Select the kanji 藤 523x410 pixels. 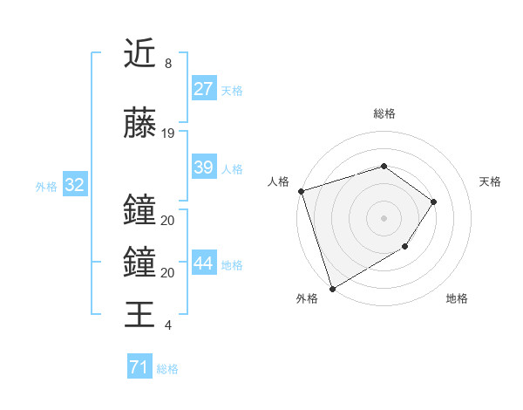(x=139, y=123)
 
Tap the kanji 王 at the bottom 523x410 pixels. (x=139, y=314)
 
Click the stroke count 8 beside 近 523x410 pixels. (x=168, y=65)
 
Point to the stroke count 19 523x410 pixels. (x=168, y=133)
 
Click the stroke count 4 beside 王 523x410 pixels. (x=168, y=325)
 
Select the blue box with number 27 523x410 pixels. (x=203, y=89)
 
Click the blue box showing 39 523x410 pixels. (x=203, y=167)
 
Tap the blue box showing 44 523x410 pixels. (x=203, y=263)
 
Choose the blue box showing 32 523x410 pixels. (x=74, y=185)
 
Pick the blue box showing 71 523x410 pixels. (x=139, y=368)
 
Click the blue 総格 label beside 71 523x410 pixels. (x=167, y=369)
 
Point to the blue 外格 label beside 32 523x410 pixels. (x=46, y=186)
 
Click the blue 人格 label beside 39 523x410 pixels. (x=232, y=168)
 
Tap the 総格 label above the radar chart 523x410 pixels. (x=384, y=113)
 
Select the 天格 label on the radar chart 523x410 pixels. (x=491, y=181)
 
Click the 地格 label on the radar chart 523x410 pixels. (x=457, y=299)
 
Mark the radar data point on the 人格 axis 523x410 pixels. (x=301, y=191)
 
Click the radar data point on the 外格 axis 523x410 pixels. (x=332, y=288)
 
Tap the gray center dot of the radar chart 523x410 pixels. (x=384, y=217)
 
